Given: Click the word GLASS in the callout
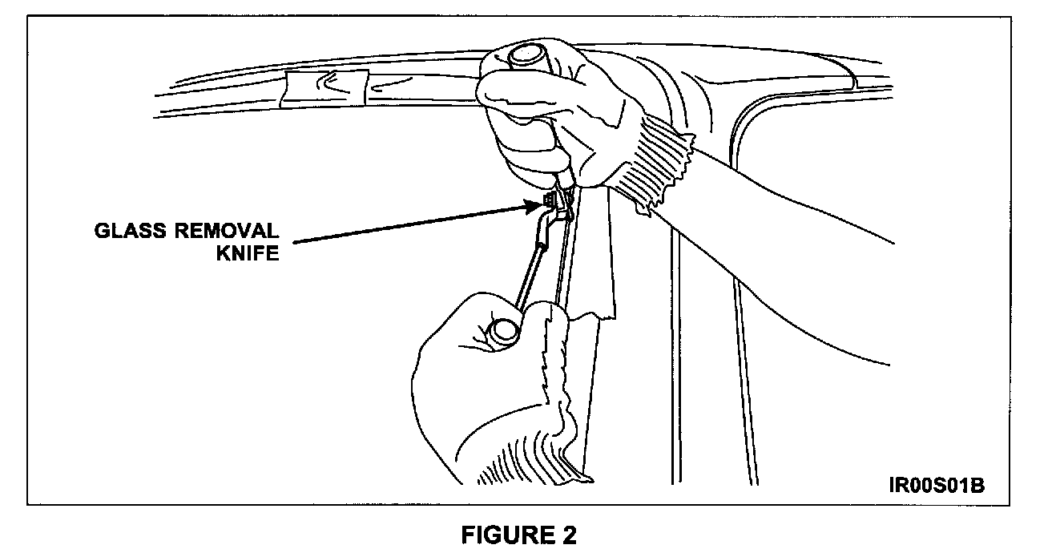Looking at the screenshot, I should [128, 232].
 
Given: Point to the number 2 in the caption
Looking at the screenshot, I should [568, 535].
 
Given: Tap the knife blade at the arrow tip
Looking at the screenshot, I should [551, 200].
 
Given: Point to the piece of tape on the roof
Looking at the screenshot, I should [325, 88].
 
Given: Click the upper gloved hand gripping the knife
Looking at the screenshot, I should [545, 120].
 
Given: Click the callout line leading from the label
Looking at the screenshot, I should [401, 223].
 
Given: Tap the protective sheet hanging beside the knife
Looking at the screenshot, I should [593, 256].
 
